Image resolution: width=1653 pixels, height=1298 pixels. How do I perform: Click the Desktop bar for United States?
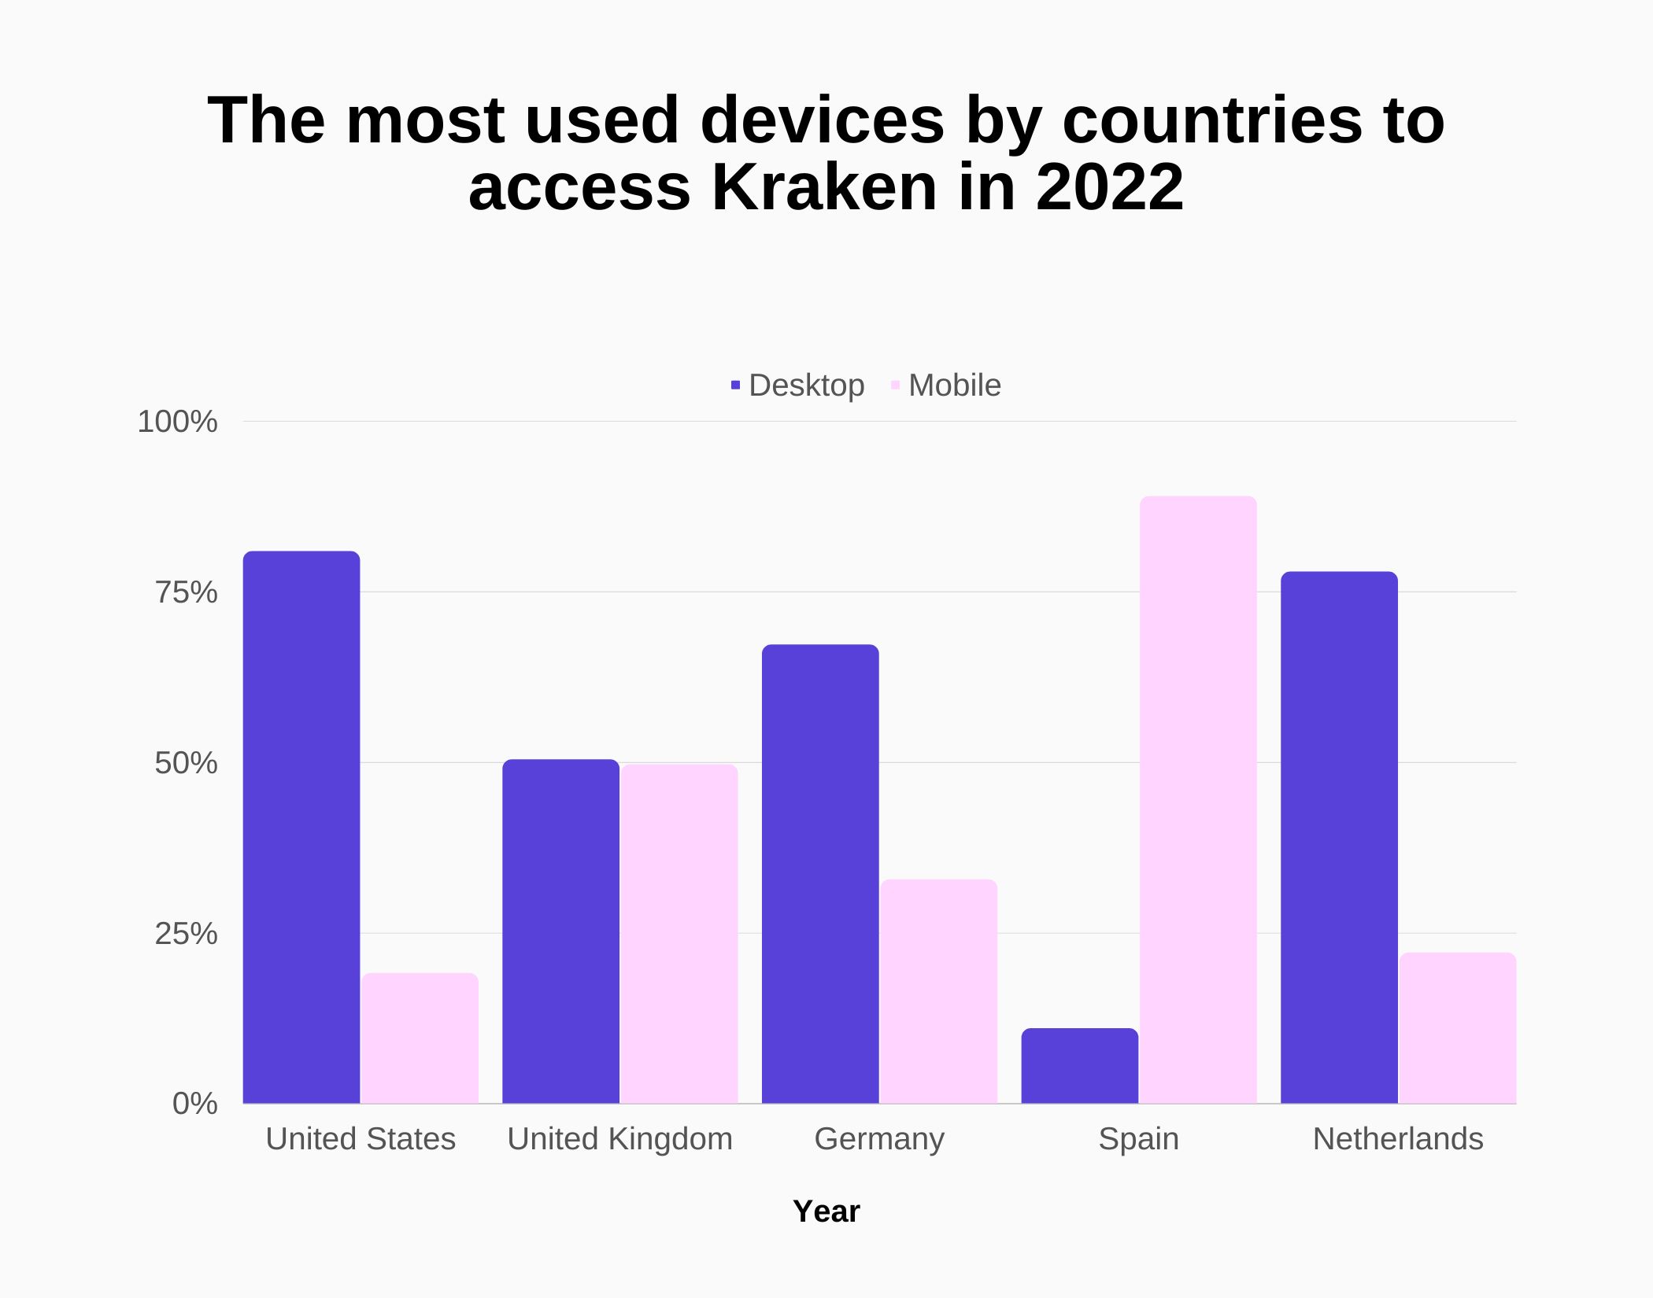coord(301,826)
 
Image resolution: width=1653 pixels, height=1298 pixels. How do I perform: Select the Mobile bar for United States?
coord(420,1038)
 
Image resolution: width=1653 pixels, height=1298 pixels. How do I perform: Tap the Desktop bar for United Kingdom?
coord(560,931)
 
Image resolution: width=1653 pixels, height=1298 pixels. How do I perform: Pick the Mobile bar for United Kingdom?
coord(679,934)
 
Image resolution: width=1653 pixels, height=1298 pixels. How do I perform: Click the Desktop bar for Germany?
coord(820,873)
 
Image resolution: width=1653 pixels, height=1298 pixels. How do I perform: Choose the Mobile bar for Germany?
coord(938,991)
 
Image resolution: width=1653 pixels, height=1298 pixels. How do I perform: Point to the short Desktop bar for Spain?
coord(1080,1066)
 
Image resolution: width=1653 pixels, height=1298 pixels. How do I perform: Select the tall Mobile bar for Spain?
coord(1198,799)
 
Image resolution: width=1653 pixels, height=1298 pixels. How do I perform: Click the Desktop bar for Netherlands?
coord(1339,837)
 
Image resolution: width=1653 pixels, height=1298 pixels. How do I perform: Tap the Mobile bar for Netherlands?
coord(1458,1027)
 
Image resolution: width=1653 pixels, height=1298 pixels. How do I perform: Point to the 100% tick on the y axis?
coord(177,422)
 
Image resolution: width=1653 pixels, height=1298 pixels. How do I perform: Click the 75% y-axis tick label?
coord(186,592)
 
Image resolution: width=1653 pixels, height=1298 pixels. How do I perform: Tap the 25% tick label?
coord(186,934)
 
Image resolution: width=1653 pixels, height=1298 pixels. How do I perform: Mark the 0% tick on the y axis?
coord(194,1104)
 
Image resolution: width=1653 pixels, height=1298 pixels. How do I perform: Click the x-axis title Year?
coord(826,1211)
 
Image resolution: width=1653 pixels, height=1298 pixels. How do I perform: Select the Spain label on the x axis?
coord(1138,1139)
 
